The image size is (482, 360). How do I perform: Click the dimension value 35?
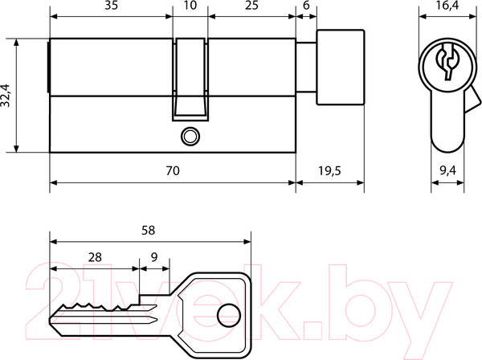coord(112,6)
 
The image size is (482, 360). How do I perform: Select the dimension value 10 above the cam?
coord(190,6)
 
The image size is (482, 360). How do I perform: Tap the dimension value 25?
coord(251,6)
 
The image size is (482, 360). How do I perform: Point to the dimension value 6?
coord(306,6)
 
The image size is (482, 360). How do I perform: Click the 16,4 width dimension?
coord(448,6)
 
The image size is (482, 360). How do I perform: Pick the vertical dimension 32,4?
coord(6,96)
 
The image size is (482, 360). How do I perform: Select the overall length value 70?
coord(173,170)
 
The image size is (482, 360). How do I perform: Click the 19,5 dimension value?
coord(329,170)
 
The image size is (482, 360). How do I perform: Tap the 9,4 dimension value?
coord(447,170)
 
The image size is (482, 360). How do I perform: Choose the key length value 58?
coord(148,231)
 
